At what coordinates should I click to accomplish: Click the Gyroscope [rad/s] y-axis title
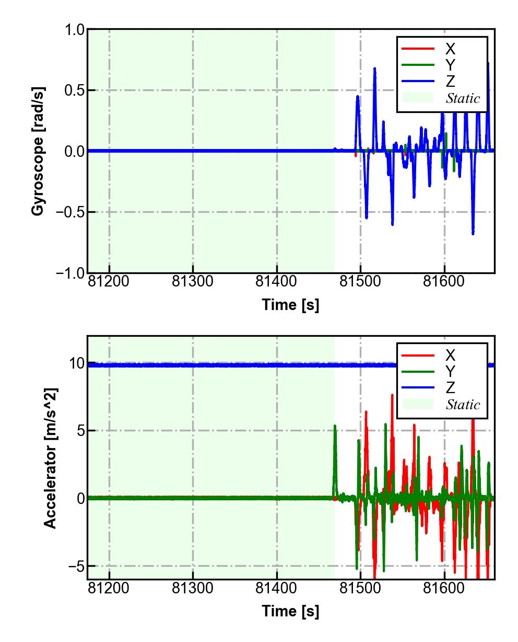[x=38, y=151]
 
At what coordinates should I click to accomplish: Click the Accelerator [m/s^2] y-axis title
[x=50, y=458]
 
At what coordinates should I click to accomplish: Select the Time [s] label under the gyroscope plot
[x=290, y=305]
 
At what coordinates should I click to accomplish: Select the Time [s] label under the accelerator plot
[x=290, y=611]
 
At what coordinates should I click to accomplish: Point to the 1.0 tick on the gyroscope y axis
[x=75, y=30]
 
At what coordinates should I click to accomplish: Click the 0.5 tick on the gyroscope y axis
[x=75, y=90]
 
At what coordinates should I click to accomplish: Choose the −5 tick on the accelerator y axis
[x=75, y=566]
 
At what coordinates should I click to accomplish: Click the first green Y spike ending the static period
[x=335, y=427]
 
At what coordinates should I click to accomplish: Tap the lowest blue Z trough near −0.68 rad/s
[x=473, y=233]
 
